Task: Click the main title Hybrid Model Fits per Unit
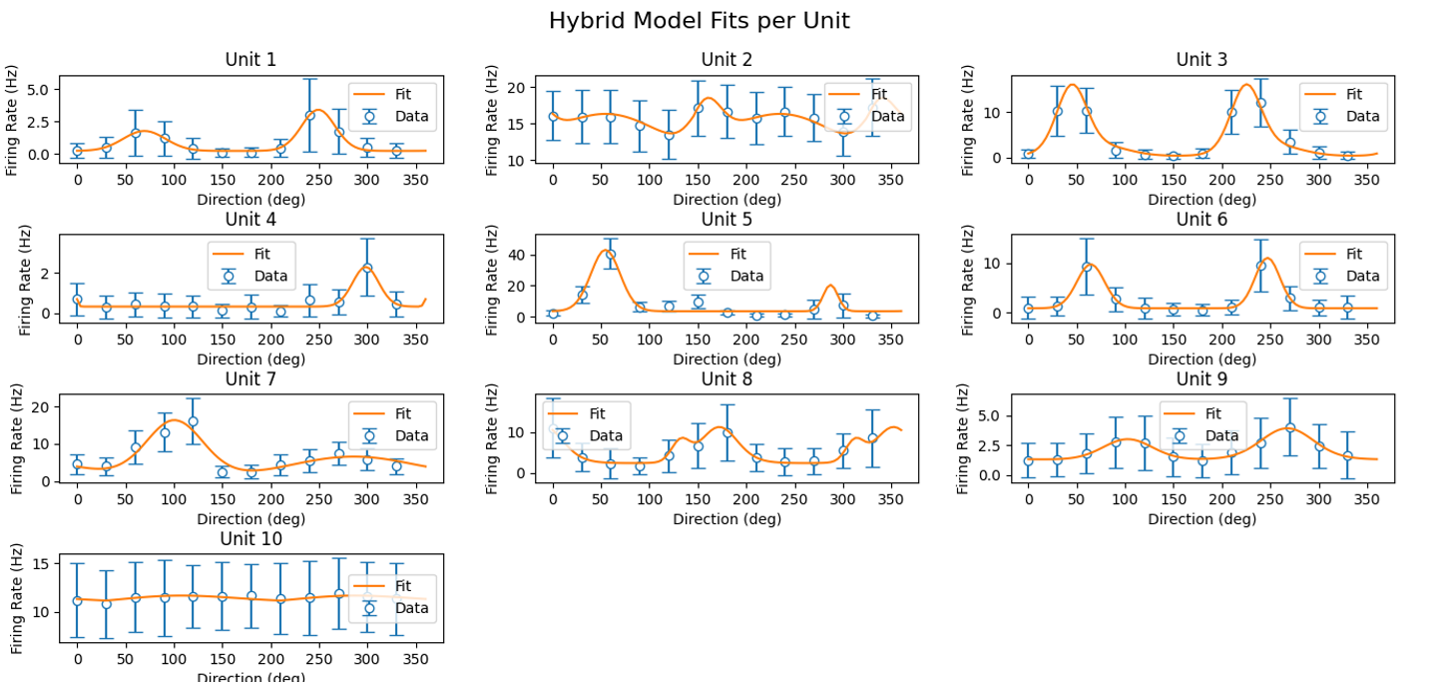coord(699,21)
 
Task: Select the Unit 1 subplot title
coord(250,60)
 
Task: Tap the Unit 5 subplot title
coord(726,220)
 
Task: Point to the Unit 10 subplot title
coord(250,539)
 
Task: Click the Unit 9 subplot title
coord(1201,379)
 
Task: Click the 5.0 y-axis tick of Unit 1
coord(38,90)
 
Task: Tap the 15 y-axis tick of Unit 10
coord(41,564)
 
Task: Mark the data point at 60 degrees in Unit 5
coord(611,255)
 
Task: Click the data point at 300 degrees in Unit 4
coord(367,268)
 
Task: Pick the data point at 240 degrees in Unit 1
coord(309,116)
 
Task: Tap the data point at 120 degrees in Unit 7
coord(193,421)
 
